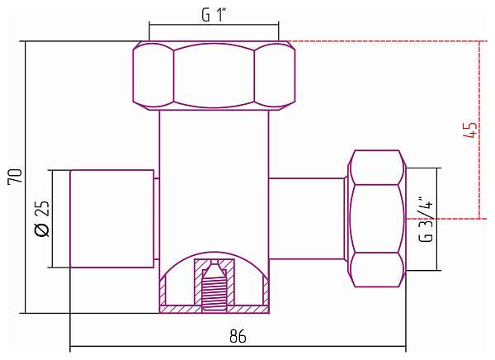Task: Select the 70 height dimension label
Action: pyautogui.click(x=14, y=176)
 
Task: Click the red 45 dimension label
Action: pyautogui.click(x=471, y=130)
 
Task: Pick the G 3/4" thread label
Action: pyautogui.click(x=425, y=219)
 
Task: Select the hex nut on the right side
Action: pyautogui.click(x=379, y=219)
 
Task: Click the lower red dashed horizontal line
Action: pyautogui.click(x=445, y=219)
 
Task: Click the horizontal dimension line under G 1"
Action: pyautogui.click(x=214, y=25)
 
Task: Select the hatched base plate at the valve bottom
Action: pyautogui.click(x=214, y=310)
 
